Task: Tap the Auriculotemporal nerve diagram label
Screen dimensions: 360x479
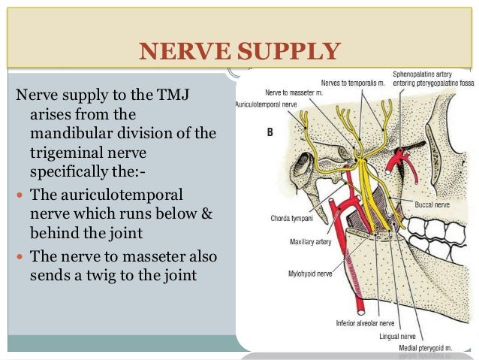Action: pyautogui.click(x=267, y=104)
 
